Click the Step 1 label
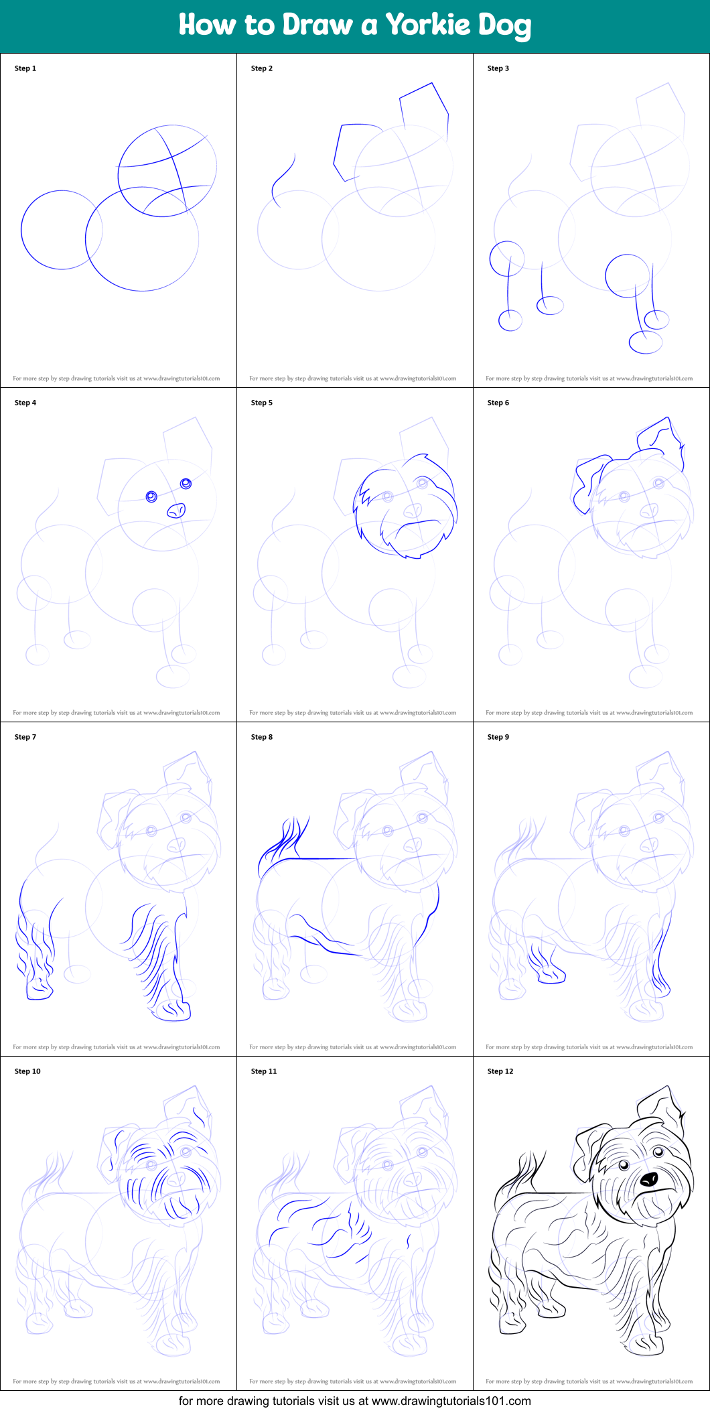point(25,68)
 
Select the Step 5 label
point(262,403)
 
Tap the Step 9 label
point(498,737)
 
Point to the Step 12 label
point(500,1071)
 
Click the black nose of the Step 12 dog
point(649,1179)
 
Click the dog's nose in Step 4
point(176,511)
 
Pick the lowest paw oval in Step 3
point(646,342)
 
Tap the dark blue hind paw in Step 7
point(39,988)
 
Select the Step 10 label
point(27,1071)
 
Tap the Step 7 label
point(25,737)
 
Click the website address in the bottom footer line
point(451,1401)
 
